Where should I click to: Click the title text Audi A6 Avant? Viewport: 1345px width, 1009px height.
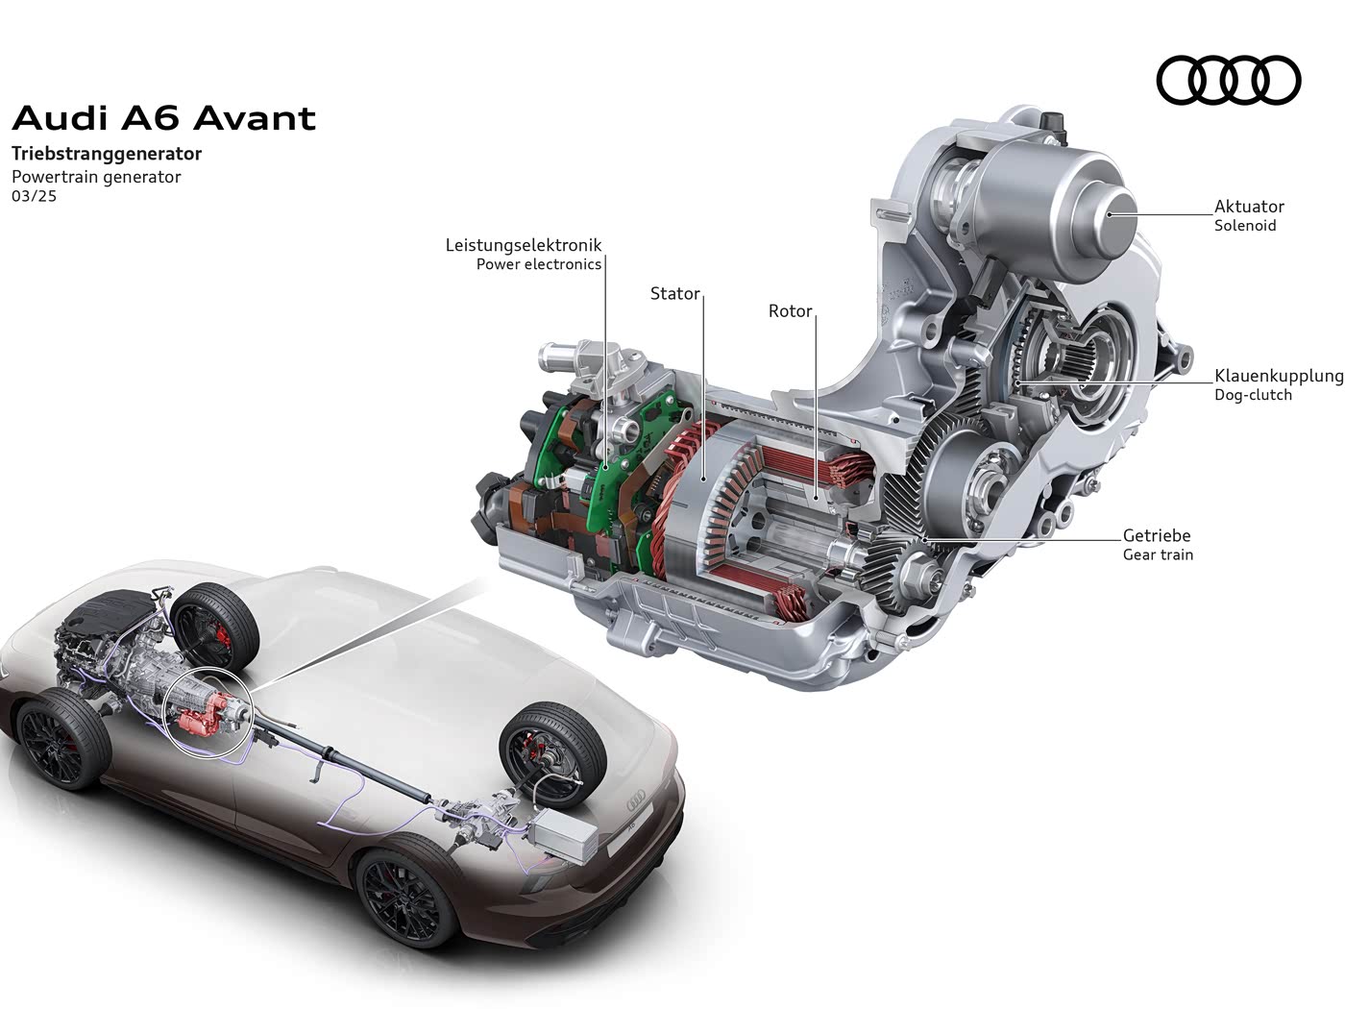164,118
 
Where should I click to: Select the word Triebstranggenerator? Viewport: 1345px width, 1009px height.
107,153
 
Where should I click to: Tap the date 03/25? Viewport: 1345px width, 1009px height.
35,196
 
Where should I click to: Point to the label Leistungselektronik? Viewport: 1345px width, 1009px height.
524,245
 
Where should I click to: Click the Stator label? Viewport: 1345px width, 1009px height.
674,293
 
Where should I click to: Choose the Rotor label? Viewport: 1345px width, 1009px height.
790,311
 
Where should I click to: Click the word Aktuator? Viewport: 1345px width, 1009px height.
1249,207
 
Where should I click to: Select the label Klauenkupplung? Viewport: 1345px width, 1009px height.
1279,376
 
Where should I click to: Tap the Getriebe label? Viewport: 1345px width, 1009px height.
1157,535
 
